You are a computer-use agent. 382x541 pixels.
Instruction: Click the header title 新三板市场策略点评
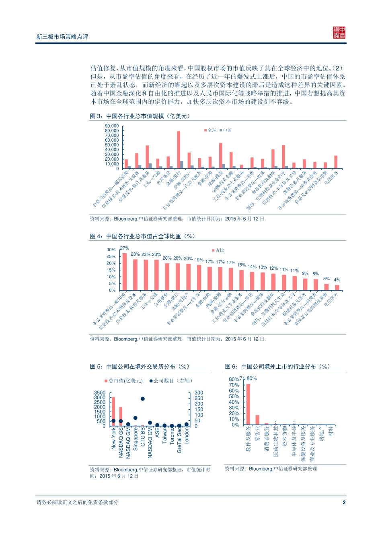(x=62, y=37)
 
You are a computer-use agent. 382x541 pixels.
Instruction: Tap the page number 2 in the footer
(x=344, y=502)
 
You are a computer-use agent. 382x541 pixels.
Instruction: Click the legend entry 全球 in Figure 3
(x=212, y=130)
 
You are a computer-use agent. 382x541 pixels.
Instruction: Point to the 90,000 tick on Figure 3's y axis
(x=112, y=126)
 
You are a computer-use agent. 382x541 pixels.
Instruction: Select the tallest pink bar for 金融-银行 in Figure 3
(x=179, y=149)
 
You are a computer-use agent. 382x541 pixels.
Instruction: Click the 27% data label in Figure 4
(x=125, y=248)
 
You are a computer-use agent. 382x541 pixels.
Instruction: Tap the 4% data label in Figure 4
(x=337, y=280)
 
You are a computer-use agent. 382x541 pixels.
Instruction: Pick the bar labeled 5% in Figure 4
(x=327, y=287)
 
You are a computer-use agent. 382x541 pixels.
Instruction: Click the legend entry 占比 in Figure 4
(x=220, y=250)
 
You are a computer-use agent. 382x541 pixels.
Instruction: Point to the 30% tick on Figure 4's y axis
(x=111, y=250)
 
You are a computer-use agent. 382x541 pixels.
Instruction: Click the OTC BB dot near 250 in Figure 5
(x=143, y=399)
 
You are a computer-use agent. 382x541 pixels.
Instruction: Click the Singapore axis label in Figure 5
(x=136, y=439)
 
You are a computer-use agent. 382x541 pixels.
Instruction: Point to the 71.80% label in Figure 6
(x=249, y=378)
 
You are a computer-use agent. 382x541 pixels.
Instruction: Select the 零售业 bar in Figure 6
(x=257, y=420)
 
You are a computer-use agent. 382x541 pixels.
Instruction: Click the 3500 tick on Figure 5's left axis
(x=100, y=392)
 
